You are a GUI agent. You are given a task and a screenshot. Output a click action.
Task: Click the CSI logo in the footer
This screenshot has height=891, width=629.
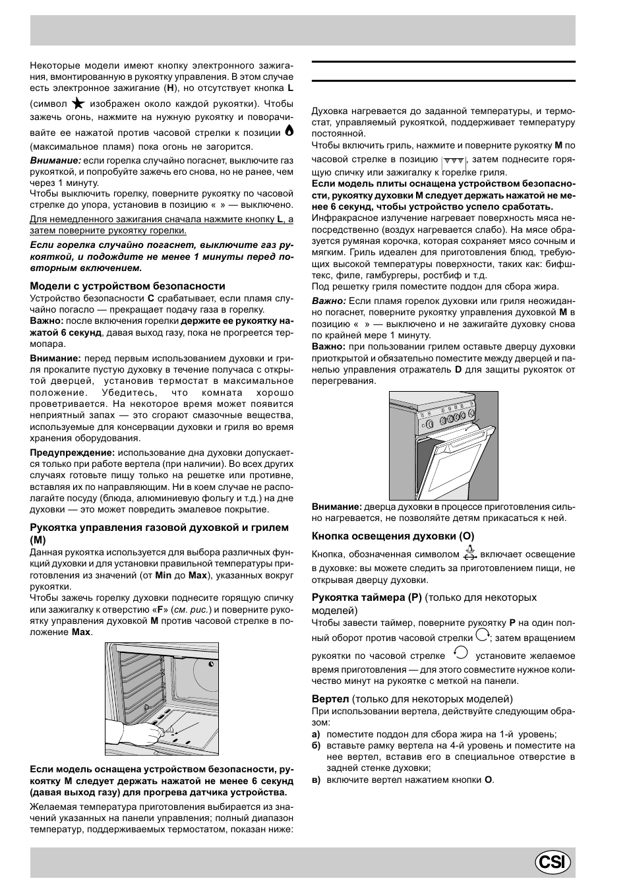553,863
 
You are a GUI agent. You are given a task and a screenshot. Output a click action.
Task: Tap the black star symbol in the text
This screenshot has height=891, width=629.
78,104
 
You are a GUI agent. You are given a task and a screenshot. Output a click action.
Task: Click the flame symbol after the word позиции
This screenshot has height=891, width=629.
288,131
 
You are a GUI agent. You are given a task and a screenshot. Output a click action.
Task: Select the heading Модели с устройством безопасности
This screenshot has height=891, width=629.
127,286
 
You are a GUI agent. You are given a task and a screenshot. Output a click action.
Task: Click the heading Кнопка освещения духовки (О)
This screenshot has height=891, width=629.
393,536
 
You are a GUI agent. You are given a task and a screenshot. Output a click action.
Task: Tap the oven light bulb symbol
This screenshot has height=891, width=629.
469,553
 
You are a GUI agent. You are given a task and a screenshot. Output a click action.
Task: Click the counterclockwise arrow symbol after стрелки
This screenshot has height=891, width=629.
482,635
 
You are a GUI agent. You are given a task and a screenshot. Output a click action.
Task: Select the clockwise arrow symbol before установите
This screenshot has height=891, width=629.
461,654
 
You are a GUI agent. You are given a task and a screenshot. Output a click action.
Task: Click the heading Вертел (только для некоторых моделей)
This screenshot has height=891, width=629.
412,699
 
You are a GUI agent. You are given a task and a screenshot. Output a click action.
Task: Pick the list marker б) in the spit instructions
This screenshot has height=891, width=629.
316,746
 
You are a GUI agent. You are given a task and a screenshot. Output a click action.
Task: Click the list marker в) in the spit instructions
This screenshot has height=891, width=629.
316,780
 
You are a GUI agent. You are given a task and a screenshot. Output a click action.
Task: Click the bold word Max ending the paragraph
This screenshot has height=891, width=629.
81,632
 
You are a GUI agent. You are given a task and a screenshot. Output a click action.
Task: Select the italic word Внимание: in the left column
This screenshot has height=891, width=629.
55,160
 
